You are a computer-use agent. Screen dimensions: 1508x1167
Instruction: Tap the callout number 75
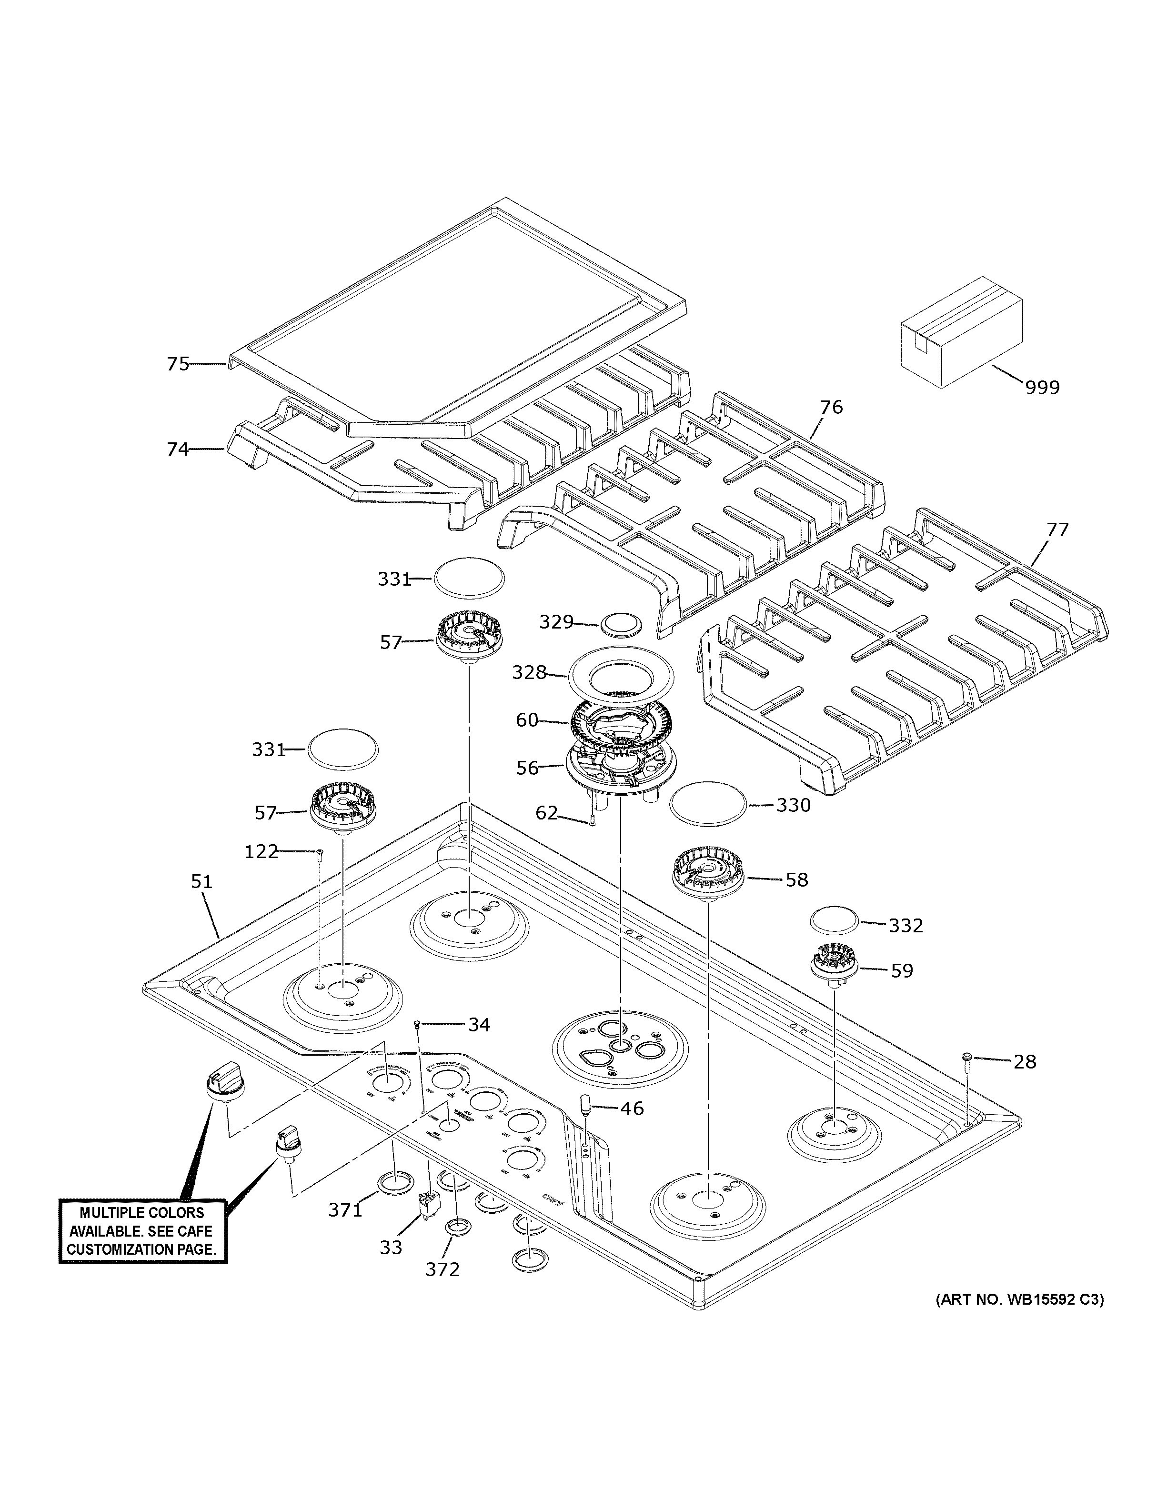pos(178,364)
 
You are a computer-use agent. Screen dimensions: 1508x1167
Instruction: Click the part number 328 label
pos(529,672)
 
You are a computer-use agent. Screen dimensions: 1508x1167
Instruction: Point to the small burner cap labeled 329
pos(621,623)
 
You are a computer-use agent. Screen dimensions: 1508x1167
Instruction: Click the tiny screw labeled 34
pos(417,1025)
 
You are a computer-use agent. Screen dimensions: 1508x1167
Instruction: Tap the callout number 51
pos(201,882)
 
